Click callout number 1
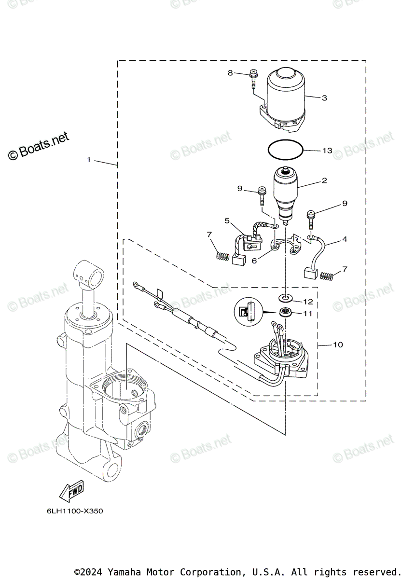pos(89,160)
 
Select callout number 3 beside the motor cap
pos(324,98)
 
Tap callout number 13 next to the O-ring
pos(327,151)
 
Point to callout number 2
pos(324,181)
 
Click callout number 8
pos(230,73)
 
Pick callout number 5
pos(227,221)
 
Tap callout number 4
pos(345,239)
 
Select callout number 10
pos(338,345)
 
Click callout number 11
pos(308,313)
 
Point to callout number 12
pos(308,302)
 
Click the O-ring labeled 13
pos(286,149)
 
